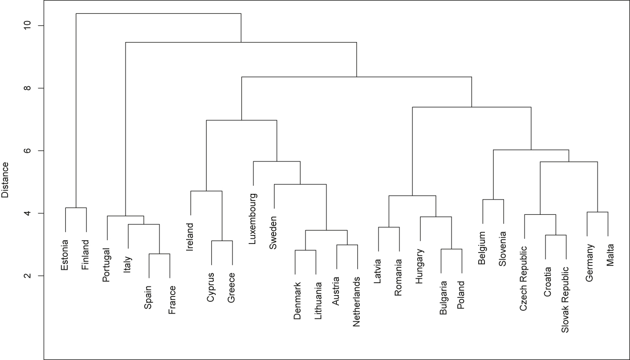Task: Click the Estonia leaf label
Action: coord(65,254)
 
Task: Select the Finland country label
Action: coord(86,255)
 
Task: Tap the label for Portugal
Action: coord(107,265)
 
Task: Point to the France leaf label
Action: coord(172,300)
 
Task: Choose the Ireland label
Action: coord(190,237)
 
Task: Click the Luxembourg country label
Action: coord(253,219)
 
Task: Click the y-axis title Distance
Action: coord(5,180)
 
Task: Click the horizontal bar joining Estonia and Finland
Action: coord(76,208)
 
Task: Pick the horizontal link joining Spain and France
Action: coord(159,254)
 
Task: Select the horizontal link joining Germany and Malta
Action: coord(597,212)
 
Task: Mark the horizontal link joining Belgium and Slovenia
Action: coord(493,200)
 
